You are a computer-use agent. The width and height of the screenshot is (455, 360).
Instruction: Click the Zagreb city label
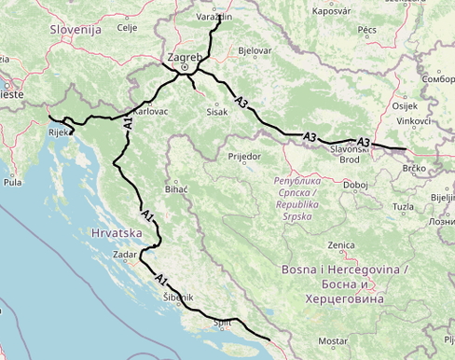click(x=184, y=57)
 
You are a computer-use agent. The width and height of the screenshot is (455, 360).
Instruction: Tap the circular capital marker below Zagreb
click(x=185, y=67)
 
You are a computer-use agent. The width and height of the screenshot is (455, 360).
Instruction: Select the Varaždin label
click(x=214, y=17)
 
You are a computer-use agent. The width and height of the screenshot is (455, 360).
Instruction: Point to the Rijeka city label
click(x=61, y=132)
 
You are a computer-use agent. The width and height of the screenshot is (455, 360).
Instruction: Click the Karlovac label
click(x=151, y=110)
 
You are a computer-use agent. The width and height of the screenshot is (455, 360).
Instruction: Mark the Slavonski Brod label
click(x=350, y=154)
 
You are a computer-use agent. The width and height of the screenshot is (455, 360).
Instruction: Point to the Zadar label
click(x=125, y=254)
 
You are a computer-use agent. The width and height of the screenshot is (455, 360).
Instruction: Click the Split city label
click(x=222, y=323)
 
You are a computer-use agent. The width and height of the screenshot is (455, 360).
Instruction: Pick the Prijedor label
click(x=243, y=156)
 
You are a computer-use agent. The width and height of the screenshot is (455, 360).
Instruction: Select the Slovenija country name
click(x=76, y=30)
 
